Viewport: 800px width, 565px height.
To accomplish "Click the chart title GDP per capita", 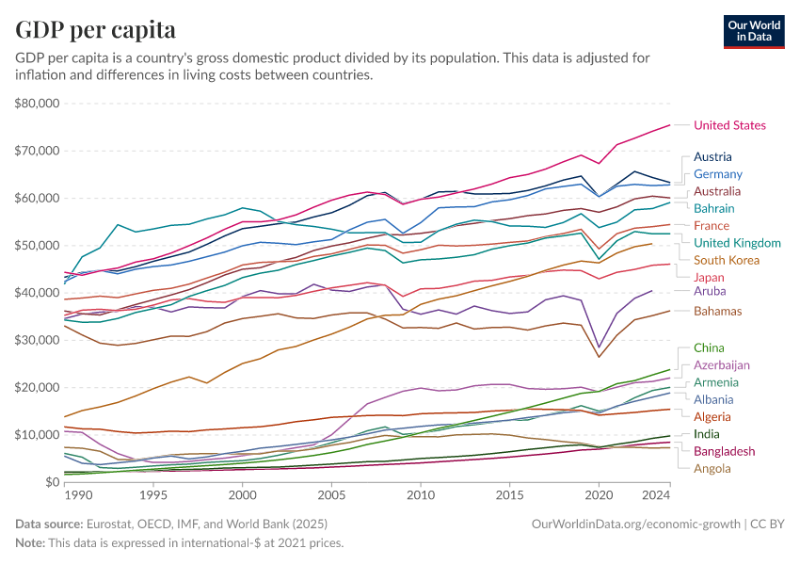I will (95, 30).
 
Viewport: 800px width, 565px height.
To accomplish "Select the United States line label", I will (729, 125).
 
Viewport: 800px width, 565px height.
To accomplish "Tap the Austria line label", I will (712, 157).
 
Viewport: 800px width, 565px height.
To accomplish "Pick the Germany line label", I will (718, 174).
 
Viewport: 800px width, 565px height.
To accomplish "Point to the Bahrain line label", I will (714, 208).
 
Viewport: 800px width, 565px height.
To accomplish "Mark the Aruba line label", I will (709, 292).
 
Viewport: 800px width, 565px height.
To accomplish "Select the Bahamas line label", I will (718, 311).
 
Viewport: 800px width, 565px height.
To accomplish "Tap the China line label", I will (709, 348).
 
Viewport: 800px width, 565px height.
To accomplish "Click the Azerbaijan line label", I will (722, 364).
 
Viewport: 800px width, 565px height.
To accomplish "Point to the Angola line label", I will (712, 468).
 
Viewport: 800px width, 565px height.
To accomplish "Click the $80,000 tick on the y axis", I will (38, 103).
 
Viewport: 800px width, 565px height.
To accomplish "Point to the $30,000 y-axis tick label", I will (38, 340).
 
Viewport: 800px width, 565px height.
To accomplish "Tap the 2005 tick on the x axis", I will (331, 494).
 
